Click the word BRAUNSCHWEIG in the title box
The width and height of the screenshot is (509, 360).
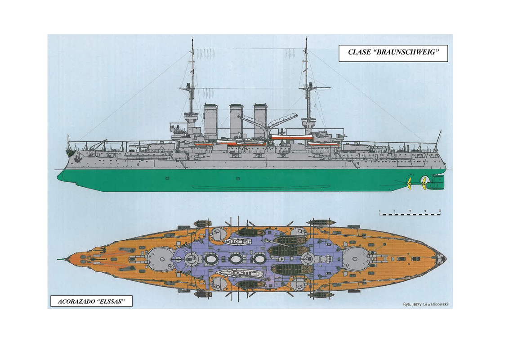[409, 53]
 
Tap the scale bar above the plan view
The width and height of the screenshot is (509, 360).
[410, 214]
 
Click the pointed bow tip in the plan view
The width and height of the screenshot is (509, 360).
[59, 260]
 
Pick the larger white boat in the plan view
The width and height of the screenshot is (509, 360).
[234, 273]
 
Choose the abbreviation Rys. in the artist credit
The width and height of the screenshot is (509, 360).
[407, 304]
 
